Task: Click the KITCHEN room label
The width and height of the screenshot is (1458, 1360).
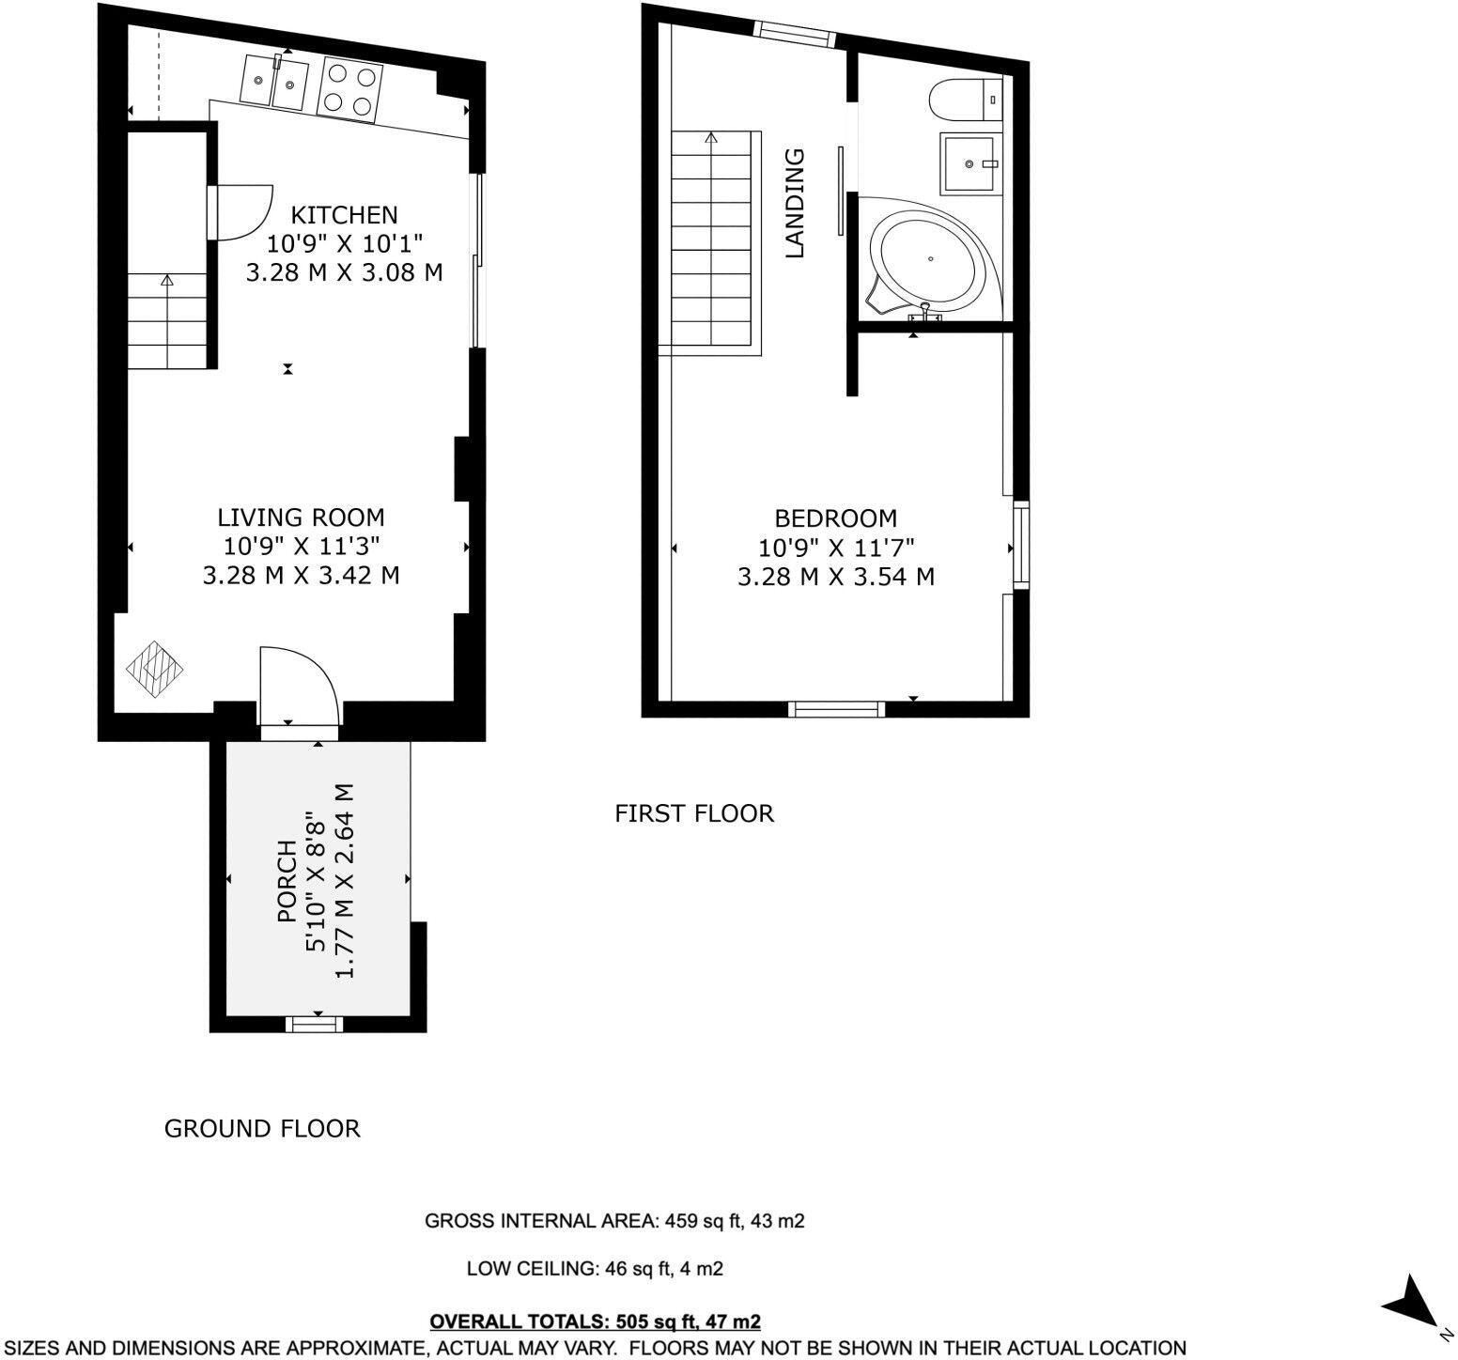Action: pyautogui.click(x=344, y=215)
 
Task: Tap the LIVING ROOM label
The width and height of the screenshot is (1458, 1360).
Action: pyautogui.click(x=301, y=518)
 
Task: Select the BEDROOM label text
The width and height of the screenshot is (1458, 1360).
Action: pyautogui.click(x=835, y=518)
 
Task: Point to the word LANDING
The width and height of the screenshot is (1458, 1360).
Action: pyautogui.click(x=796, y=203)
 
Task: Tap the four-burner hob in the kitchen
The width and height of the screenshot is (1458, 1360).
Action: pyautogui.click(x=351, y=90)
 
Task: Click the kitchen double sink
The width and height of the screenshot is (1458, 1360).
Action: pyautogui.click(x=274, y=83)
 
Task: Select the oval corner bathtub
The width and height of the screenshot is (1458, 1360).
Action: pyautogui.click(x=929, y=259)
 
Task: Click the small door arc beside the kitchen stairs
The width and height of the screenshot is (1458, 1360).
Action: pyautogui.click(x=241, y=211)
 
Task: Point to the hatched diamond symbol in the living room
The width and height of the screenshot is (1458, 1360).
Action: pyautogui.click(x=155, y=669)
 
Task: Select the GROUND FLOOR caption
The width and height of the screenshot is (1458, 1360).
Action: pyautogui.click(x=262, y=1129)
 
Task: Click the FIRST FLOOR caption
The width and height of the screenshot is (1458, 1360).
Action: pyautogui.click(x=694, y=813)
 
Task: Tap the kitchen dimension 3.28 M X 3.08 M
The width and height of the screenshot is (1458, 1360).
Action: pyautogui.click(x=344, y=273)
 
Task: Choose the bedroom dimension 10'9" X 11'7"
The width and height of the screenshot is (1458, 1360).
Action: pyautogui.click(x=835, y=547)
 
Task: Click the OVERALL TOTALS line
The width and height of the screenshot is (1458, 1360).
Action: pyautogui.click(x=595, y=1322)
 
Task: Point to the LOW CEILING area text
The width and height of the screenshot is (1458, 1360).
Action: pyautogui.click(x=595, y=1270)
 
